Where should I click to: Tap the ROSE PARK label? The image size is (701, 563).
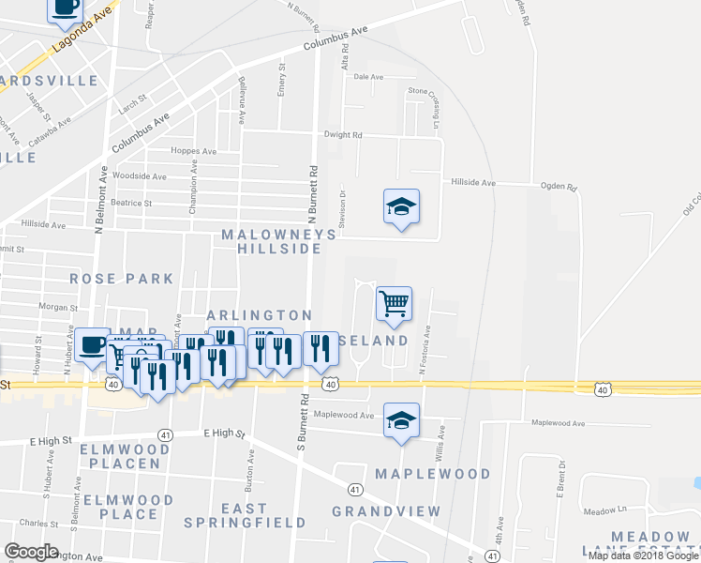coord(122,279)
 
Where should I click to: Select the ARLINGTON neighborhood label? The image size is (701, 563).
coord(259,315)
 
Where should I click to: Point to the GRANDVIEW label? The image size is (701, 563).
coord(386,511)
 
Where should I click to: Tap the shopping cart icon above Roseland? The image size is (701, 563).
coord(394,303)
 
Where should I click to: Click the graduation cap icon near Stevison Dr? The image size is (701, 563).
coord(401,207)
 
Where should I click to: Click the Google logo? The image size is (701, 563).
coord(32,552)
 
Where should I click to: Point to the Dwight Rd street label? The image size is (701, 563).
coord(343,135)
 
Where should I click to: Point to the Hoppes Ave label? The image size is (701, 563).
coord(193,151)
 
